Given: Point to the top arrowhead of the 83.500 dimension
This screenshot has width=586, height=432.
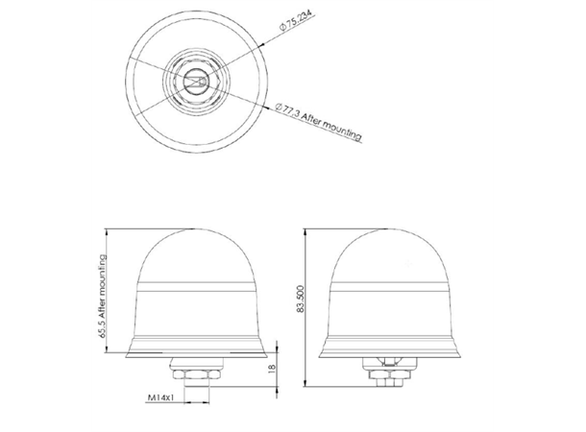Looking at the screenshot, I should [x=305, y=231].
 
